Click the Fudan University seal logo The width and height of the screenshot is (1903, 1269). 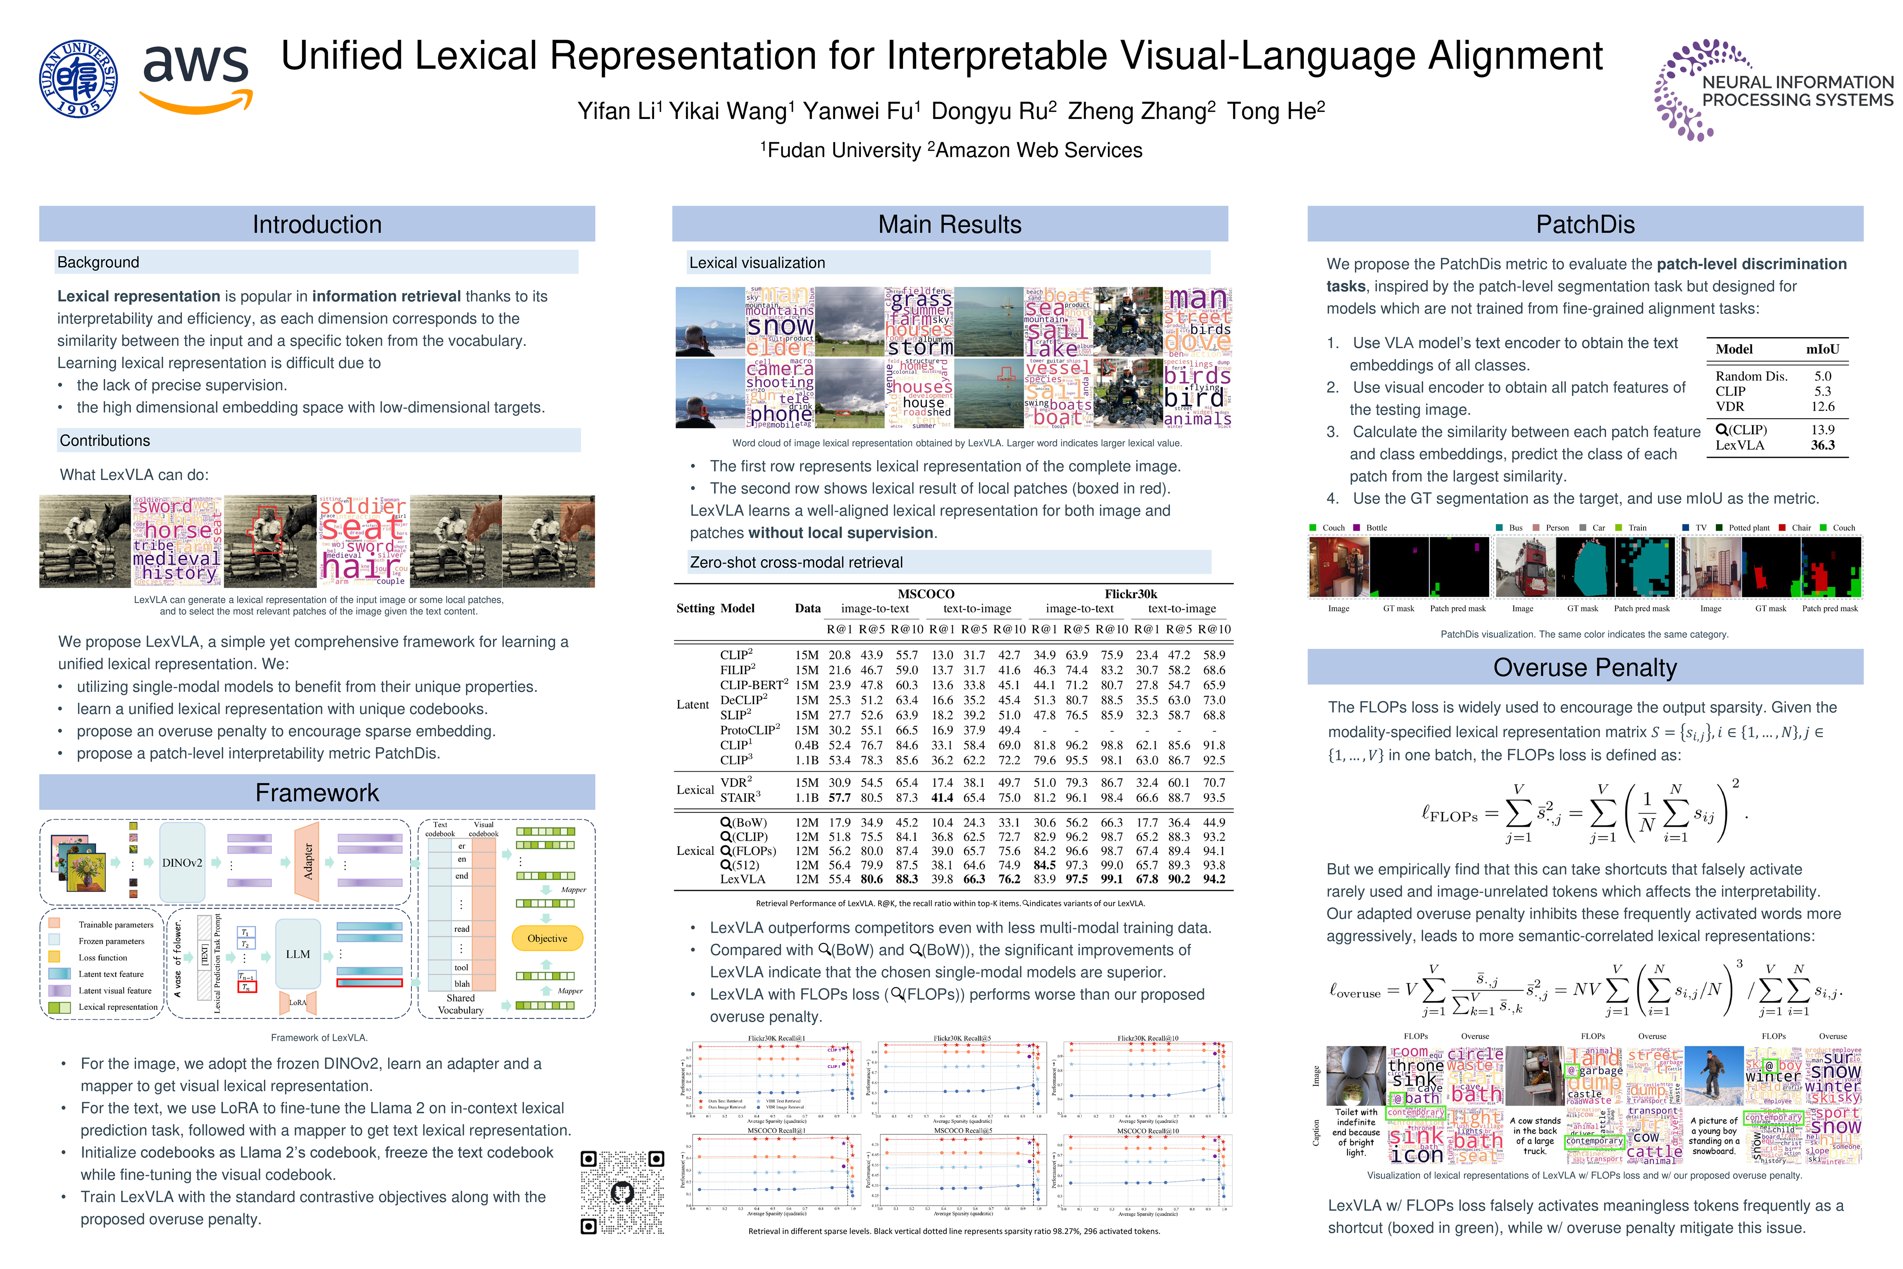click(78, 78)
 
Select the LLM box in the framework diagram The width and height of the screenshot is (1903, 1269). click(298, 954)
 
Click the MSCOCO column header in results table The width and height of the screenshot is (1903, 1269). click(926, 594)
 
